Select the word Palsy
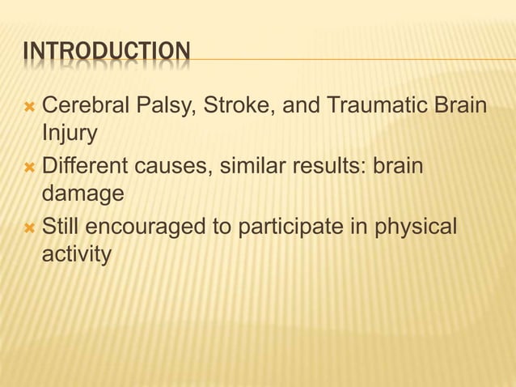click(x=154, y=105)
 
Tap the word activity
click(x=76, y=255)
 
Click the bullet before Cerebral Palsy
click(x=29, y=106)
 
